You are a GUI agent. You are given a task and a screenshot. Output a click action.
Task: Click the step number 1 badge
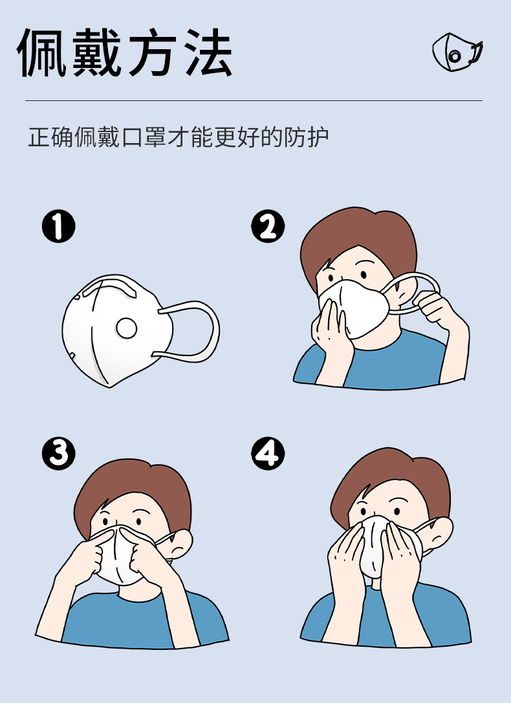pyautogui.click(x=59, y=227)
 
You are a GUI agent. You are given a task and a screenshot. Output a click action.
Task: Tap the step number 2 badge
pyautogui.click(x=268, y=227)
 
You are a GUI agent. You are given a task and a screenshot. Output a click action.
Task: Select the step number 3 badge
pyautogui.click(x=59, y=453)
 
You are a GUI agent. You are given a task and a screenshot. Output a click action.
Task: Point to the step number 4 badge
pyautogui.click(x=268, y=453)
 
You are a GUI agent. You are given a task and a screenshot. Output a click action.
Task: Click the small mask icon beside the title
pyautogui.click(x=457, y=52)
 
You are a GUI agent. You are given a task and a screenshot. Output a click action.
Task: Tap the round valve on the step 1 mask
pyautogui.click(x=126, y=329)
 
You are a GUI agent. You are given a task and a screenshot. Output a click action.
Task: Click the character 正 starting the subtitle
pyautogui.click(x=39, y=137)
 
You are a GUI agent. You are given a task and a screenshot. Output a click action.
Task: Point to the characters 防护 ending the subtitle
pyautogui.click(x=307, y=137)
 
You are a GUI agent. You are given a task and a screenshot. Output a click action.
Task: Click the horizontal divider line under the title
pyautogui.click(x=254, y=100)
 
